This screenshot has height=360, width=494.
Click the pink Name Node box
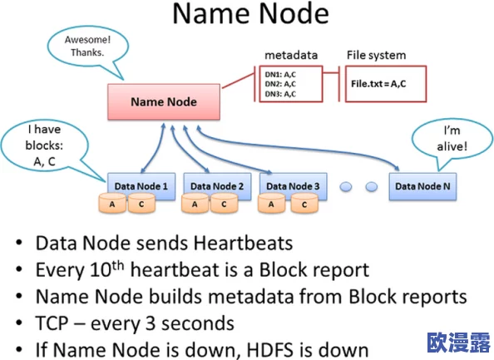tap(164, 101)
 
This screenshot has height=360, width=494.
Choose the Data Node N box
tap(422, 186)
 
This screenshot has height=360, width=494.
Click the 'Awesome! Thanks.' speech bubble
tap(87, 47)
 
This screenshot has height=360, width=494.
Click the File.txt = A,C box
tap(386, 84)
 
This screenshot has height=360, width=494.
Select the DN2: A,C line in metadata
tap(280, 84)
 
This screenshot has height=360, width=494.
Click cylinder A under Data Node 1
tap(112, 204)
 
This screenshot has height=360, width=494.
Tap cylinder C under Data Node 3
tap(304, 204)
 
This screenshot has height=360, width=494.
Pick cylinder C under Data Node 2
tap(224, 204)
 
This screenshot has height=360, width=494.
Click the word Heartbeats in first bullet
tap(243, 243)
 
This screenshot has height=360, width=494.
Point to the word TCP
tap(52, 323)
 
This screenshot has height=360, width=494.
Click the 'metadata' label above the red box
tap(291, 55)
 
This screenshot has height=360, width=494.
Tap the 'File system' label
tap(376, 56)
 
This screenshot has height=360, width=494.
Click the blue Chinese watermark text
tap(459, 343)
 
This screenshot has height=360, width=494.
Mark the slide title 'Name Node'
tap(251, 13)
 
